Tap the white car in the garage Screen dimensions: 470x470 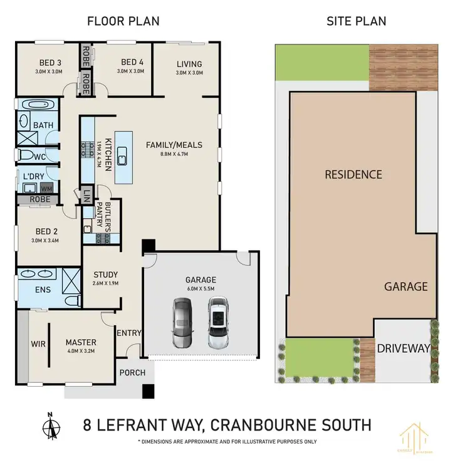pos(217,322)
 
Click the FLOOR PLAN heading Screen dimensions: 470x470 pos(122,21)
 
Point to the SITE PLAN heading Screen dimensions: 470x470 pos(356,21)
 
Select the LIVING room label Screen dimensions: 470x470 pos(189,64)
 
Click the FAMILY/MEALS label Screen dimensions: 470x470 pos(166,145)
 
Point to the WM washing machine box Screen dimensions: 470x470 pos(46,187)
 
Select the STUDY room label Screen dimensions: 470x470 pos(105,274)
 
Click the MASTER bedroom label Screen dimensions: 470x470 pos(81,342)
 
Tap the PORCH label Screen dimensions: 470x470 pos(132,373)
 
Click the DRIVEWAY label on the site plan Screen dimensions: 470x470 pos(404,348)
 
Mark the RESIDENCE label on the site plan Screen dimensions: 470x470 pos(353,175)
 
